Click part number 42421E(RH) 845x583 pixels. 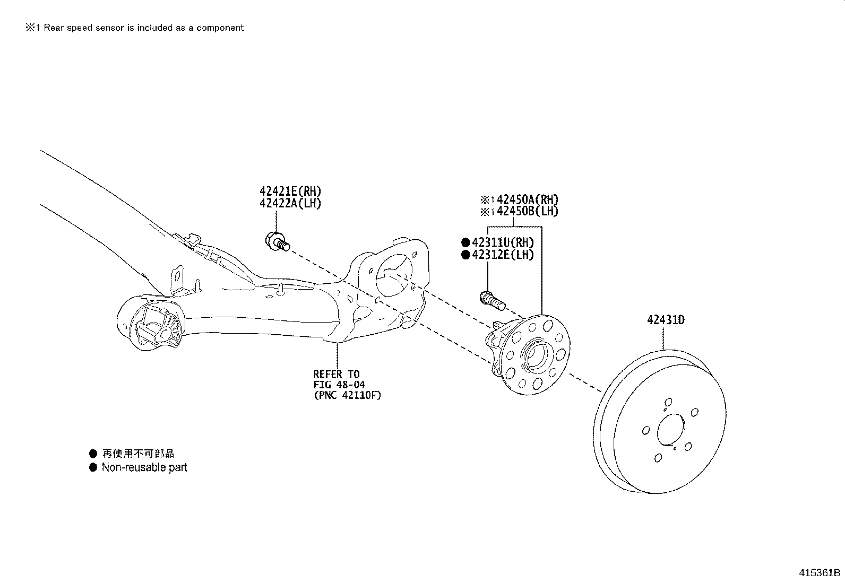tap(290, 191)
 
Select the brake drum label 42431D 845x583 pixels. tap(665, 320)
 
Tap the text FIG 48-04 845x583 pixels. tap(339, 385)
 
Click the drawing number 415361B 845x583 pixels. tap(820, 573)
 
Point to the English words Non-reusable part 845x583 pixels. tap(144, 467)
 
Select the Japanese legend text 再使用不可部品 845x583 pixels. tap(138, 454)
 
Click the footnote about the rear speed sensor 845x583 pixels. tap(135, 28)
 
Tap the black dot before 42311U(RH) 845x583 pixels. tap(465, 242)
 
